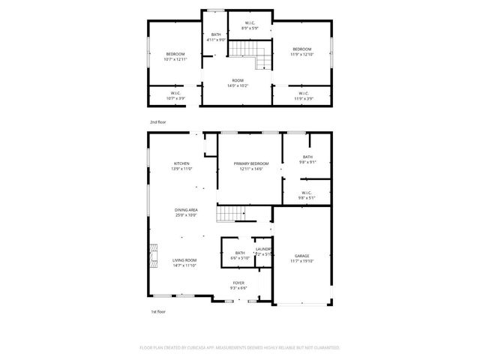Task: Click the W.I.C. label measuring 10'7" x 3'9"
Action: (x=175, y=95)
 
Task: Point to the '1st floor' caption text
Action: (x=157, y=310)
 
